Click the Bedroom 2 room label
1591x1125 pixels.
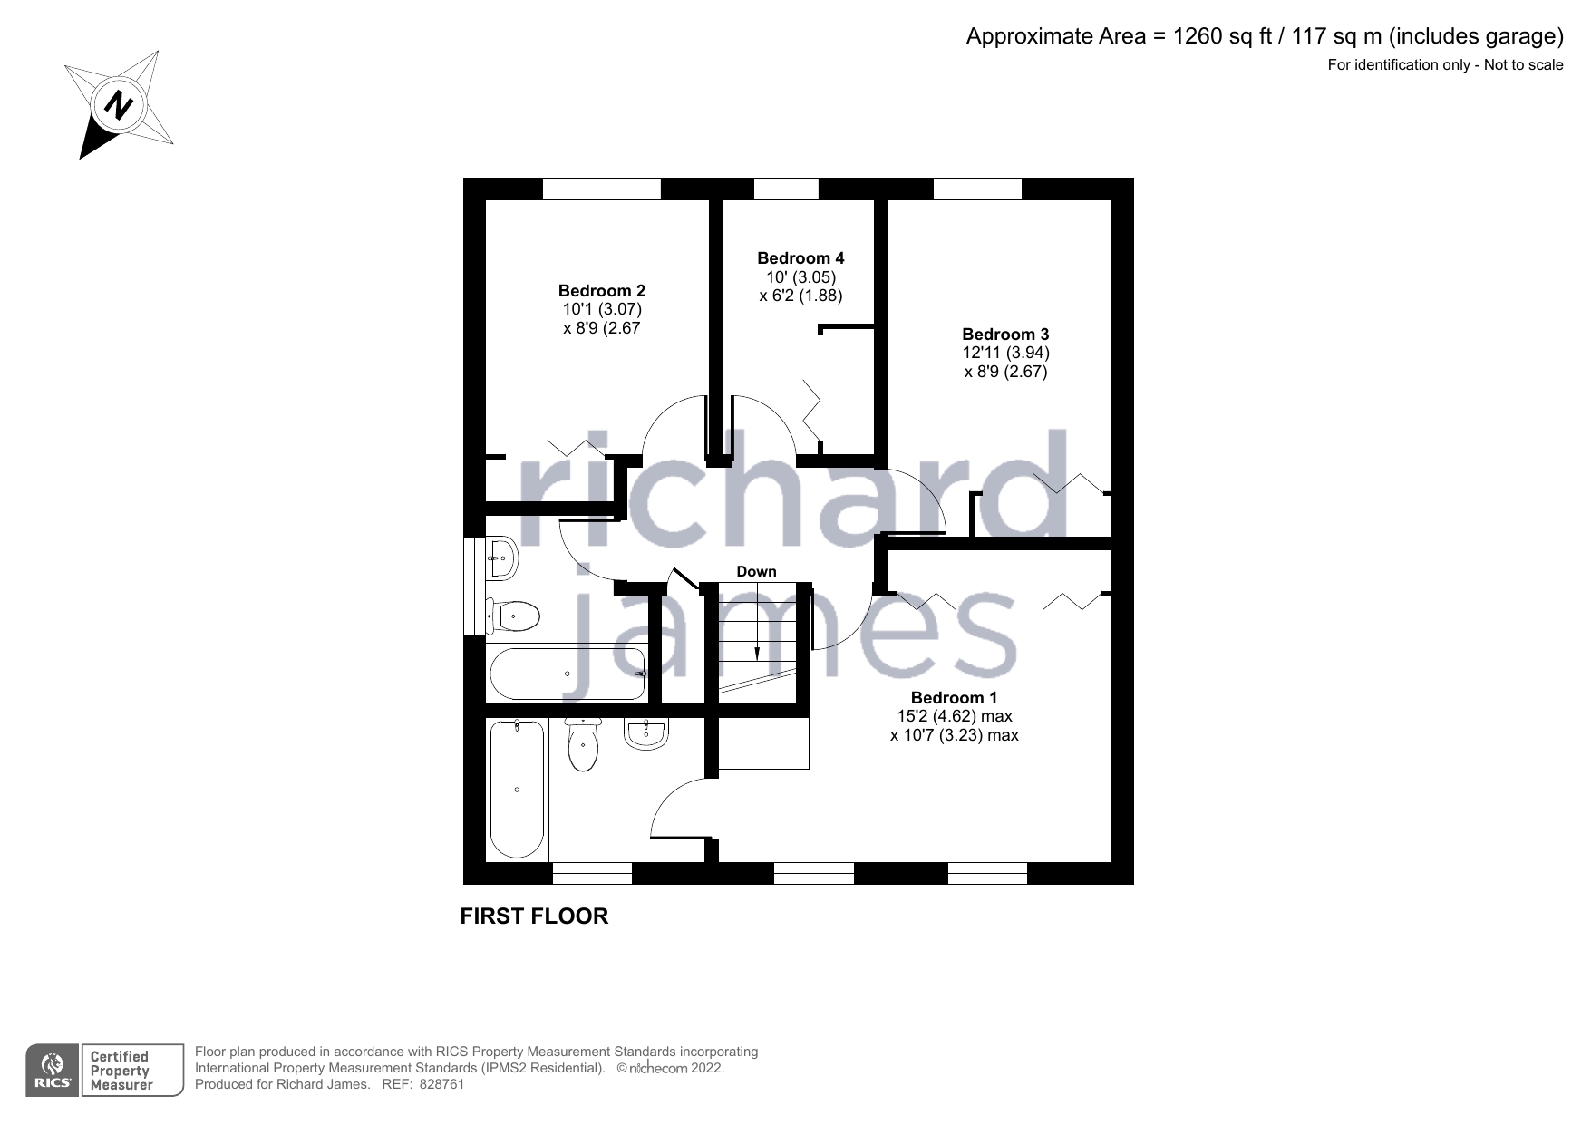coord(601,291)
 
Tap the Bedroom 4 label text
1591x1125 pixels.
coord(800,258)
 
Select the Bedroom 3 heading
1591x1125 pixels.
coord(1004,335)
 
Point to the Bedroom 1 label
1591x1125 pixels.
coord(954,698)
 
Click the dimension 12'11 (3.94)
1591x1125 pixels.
coord(1005,353)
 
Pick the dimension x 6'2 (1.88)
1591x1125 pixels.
coord(800,296)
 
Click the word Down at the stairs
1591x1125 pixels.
coord(756,572)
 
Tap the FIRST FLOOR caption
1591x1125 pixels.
coord(534,916)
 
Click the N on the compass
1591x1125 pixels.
coord(118,105)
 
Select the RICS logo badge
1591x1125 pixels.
coord(53,1071)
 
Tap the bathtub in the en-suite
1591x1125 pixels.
coord(517,789)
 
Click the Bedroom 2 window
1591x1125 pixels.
coord(601,189)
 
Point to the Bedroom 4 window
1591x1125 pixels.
coord(786,189)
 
